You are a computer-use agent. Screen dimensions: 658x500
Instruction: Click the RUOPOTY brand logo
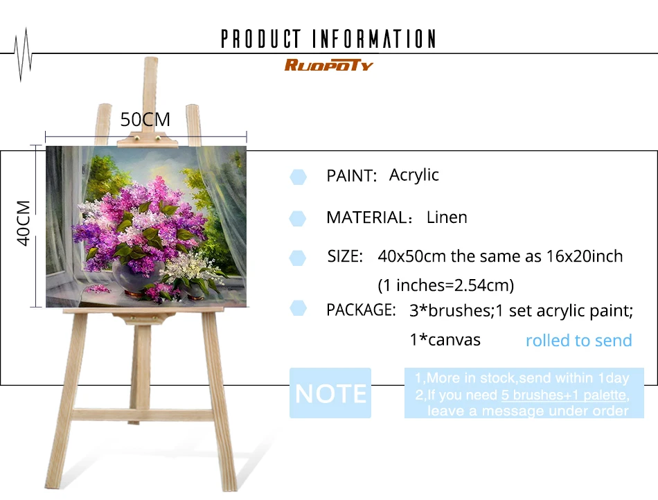328,65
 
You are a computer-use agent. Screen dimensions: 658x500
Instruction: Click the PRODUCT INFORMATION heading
328,39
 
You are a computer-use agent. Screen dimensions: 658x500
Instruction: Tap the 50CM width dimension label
145,120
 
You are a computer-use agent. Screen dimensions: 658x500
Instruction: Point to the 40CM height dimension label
24,223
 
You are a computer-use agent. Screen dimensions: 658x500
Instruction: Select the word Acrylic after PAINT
414,175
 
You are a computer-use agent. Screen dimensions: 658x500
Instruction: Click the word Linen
447,217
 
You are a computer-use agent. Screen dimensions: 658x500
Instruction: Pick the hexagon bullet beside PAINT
298,177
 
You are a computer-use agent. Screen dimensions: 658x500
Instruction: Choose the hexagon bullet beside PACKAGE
298,308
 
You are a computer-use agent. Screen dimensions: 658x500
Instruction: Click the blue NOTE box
330,393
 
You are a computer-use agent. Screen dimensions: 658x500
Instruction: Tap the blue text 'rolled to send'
578,340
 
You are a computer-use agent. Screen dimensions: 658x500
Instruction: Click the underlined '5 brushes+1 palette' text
564,395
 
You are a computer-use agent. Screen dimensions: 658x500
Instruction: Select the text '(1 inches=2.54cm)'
445,285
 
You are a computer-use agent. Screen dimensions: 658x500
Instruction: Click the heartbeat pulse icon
23,55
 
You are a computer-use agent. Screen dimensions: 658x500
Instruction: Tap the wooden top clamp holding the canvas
148,140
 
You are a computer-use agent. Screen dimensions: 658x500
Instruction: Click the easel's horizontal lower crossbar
143,415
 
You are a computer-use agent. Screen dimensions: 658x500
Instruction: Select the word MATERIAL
366,217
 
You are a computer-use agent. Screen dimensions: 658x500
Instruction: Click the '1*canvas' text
445,340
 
